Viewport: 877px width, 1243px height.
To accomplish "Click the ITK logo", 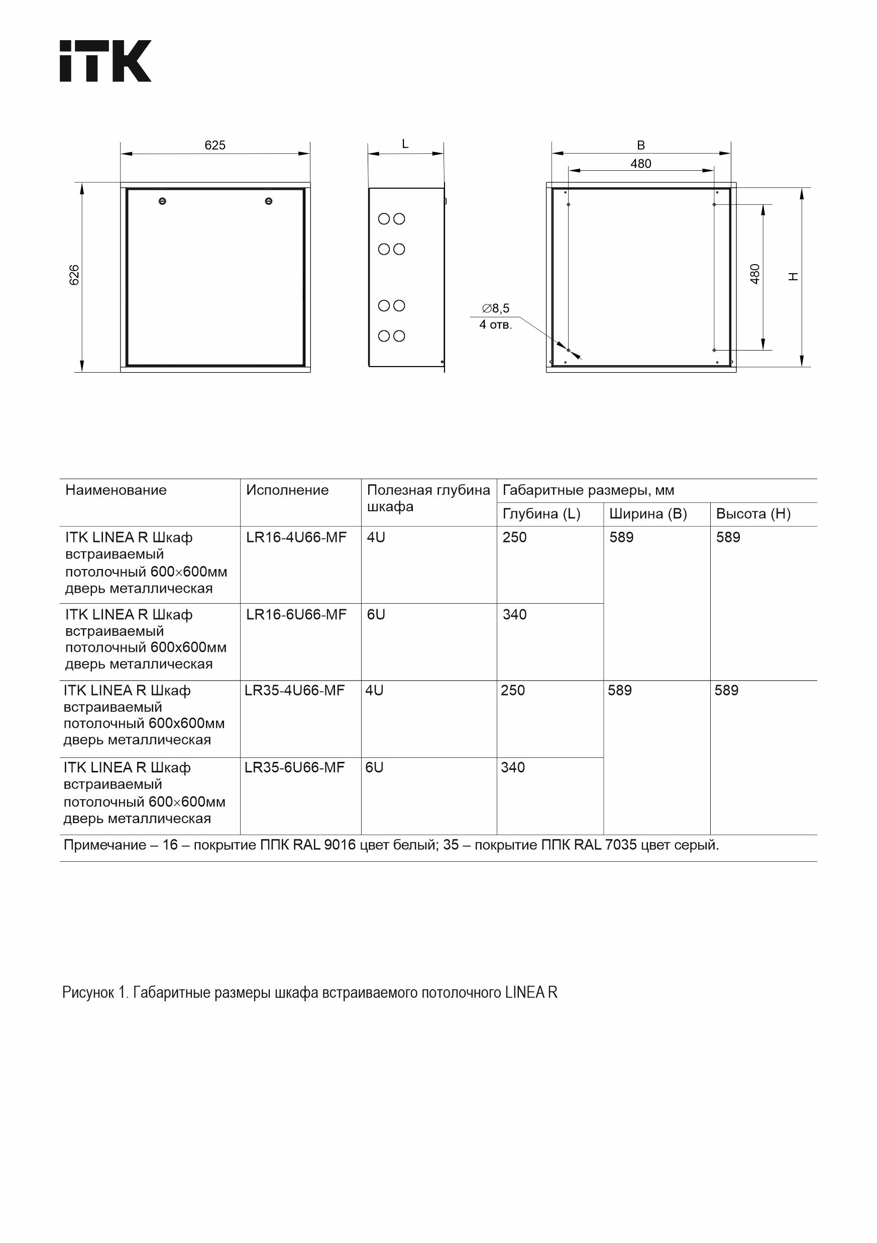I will (x=105, y=61).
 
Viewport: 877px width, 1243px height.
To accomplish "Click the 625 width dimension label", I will (x=215, y=145).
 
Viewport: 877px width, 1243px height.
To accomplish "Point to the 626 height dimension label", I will (x=75, y=275).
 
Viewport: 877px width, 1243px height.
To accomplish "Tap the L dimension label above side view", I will (x=405, y=144).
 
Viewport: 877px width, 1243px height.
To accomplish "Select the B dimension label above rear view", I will (x=641, y=145).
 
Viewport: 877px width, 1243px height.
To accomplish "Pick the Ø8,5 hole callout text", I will (x=496, y=308).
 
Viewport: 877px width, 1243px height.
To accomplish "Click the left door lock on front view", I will (x=162, y=201).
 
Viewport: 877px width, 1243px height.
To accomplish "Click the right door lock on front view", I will (x=269, y=201).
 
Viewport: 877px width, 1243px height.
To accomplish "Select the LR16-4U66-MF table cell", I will (x=296, y=537).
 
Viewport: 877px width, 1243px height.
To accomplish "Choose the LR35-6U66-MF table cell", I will (x=294, y=768).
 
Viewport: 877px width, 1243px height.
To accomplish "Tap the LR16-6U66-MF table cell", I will (x=296, y=614).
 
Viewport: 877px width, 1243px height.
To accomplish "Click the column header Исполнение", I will (x=287, y=491).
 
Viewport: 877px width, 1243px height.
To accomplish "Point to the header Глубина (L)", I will (x=541, y=514).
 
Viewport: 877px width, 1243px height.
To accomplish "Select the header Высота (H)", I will (x=753, y=514).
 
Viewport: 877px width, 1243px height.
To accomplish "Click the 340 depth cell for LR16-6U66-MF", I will (x=514, y=614).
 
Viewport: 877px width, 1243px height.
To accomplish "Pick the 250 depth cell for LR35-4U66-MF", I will (x=513, y=691).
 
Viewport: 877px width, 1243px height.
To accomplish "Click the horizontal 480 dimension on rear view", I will (x=641, y=164).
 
